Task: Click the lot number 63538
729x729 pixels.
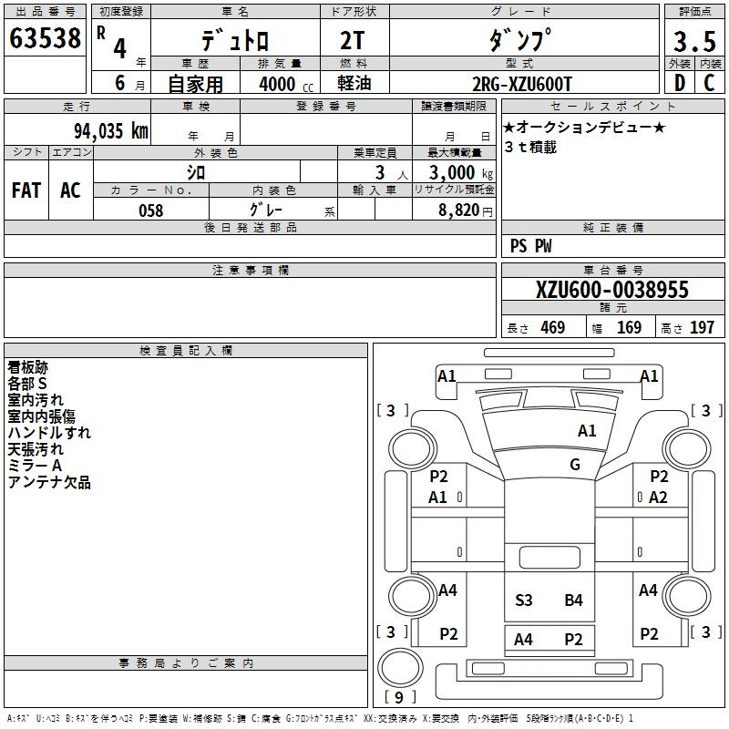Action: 45,38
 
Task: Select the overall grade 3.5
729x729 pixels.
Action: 694,41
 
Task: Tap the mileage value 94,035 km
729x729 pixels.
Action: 111,131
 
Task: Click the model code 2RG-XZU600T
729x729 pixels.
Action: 521,84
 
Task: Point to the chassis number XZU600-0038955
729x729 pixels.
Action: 611,290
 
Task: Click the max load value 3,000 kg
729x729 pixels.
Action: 460,173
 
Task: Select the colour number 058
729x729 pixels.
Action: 150,210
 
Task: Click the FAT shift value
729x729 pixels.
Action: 26,190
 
